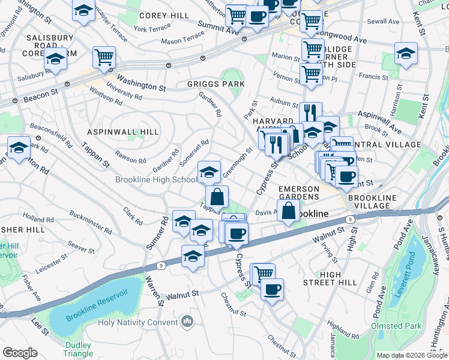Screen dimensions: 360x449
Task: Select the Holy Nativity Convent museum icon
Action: pyautogui.click(x=187, y=323)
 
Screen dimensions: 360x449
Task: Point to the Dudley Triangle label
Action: pyautogui.click(x=77, y=350)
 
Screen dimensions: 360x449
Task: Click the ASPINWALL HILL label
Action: pyautogui.click(x=123, y=132)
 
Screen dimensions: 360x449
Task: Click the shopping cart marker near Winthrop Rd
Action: pyautogui.click(x=104, y=58)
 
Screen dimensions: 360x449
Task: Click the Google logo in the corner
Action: pyautogui.click(x=20, y=353)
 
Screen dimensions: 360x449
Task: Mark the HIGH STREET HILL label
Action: pyautogui.click(x=339, y=278)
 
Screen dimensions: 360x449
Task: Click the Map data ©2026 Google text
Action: pyautogui.click(x=412, y=355)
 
